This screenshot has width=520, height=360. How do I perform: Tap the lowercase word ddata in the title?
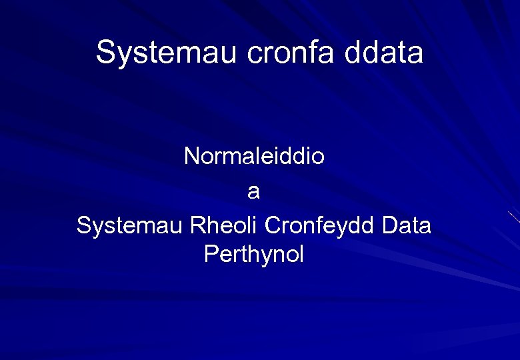384,52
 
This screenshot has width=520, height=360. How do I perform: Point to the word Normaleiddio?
254,157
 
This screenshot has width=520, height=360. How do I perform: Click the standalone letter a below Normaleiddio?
253,193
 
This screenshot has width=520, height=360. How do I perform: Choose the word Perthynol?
254,254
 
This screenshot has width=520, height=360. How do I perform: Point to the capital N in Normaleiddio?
191,157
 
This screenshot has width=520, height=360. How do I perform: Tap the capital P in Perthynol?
211,254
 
